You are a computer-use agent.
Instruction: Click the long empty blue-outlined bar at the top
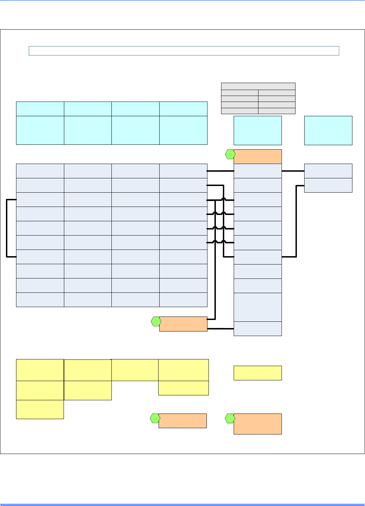tap(184, 51)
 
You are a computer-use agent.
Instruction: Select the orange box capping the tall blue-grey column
tap(257, 157)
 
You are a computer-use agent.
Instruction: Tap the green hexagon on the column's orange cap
tap(230, 154)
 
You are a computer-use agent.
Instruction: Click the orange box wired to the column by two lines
tap(183, 324)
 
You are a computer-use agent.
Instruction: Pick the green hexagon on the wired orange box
tap(156, 321)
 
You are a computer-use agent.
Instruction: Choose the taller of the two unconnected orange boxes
tap(257, 424)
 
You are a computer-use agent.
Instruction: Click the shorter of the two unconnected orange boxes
tap(182, 421)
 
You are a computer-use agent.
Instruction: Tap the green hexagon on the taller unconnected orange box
tap(230, 418)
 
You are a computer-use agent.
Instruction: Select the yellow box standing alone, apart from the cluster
tap(257, 373)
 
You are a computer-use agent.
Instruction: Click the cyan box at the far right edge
tap(328, 131)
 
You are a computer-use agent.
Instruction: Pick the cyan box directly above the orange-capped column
tap(257, 131)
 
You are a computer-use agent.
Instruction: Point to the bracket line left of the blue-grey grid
tap(7, 228)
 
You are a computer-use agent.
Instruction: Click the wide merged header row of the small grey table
tap(258, 86)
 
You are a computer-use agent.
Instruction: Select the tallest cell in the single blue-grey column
tap(257, 307)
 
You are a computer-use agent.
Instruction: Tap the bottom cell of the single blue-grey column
tap(257, 329)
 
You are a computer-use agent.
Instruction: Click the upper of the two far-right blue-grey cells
tap(328, 171)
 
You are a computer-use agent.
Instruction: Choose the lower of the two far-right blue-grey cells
tap(328, 185)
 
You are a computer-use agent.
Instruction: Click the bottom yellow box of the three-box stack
tap(40, 409)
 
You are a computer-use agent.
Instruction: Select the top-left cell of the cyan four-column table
tap(40, 109)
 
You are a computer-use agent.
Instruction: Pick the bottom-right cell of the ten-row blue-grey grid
tap(183, 300)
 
